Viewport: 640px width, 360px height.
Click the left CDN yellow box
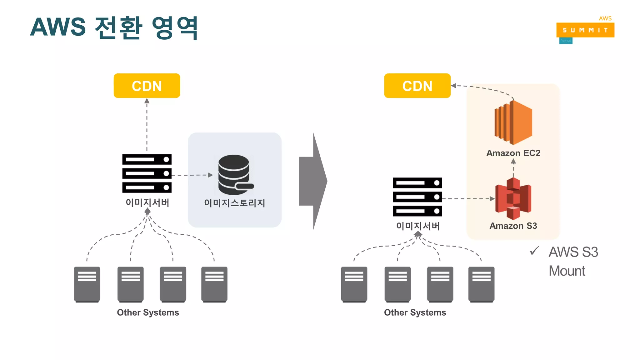point(147,86)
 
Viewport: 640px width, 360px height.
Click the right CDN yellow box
point(417,86)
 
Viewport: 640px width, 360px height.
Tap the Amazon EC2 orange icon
point(513,122)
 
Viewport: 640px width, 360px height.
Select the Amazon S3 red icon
point(513,198)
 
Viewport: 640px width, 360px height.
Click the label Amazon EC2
point(513,153)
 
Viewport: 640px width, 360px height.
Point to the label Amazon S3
point(513,226)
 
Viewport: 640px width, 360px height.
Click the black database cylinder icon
point(234,174)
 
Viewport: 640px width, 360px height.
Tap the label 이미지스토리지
point(234,203)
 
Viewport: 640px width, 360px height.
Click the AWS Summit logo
point(585,30)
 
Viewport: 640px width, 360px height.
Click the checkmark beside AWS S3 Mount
point(534,251)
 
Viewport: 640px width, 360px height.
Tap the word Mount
point(567,271)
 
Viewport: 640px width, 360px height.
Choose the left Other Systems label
point(148,312)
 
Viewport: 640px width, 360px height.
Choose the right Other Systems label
point(415,312)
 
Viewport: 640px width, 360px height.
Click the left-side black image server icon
point(147,173)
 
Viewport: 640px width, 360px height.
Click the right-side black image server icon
point(417,197)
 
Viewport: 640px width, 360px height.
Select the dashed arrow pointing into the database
point(192,175)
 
